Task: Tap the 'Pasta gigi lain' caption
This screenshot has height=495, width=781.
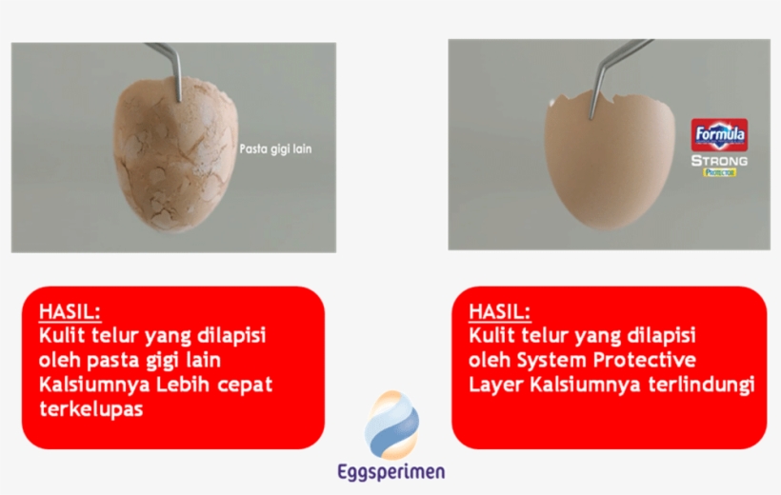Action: click(275, 148)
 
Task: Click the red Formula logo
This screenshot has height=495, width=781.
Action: click(719, 134)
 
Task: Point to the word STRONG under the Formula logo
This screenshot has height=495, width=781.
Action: click(719, 161)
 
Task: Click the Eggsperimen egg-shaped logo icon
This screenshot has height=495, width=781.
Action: click(391, 425)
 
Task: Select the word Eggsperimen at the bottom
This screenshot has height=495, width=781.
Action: click(391, 472)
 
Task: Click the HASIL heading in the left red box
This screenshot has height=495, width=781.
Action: click(70, 311)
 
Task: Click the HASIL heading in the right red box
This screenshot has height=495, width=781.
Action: click(500, 311)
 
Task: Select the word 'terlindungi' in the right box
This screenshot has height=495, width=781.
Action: click(702, 385)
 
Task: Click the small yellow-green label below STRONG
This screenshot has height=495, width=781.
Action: click(719, 172)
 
